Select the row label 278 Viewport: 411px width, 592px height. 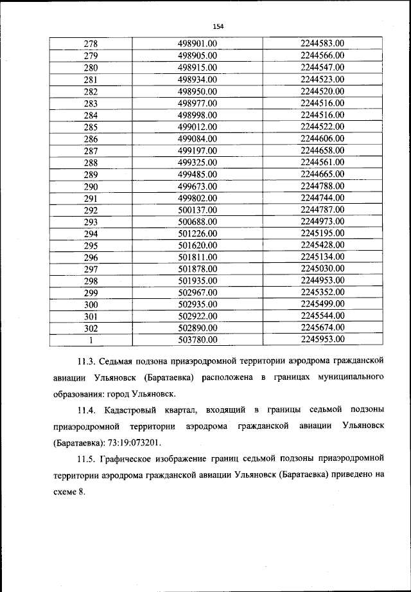tap(91, 44)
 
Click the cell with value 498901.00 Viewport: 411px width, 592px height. tap(198, 44)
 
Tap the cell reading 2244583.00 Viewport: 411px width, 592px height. tap(322, 44)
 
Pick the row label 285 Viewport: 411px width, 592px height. tap(91, 127)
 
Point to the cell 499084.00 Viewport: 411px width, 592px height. tap(198, 138)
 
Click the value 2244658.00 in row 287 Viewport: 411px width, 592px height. tap(322, 150)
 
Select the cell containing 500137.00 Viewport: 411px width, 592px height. tap(198, 210)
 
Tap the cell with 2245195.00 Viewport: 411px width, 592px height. tap(322, 233)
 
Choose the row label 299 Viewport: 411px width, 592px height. tap(91, 292)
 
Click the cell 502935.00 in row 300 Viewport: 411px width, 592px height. tap(198, 304)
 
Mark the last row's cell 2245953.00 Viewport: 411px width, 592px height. tap(322, 339)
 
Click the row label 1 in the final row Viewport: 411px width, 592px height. tap(91, 340)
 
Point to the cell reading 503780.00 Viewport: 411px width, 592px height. tap(198, 340)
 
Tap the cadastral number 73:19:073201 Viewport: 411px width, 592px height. tap(134, 443)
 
